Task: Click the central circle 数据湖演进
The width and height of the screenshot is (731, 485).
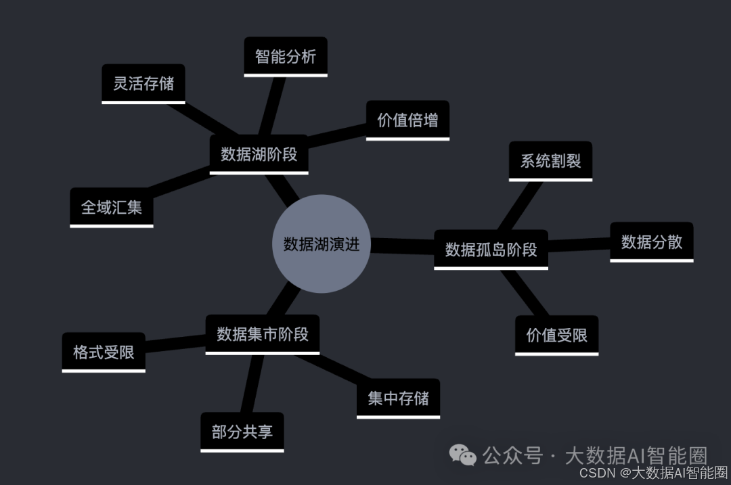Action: click(322, 244)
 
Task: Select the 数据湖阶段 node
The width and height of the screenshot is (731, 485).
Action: click(259, 154)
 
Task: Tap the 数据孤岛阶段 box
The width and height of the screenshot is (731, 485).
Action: click(491, 249)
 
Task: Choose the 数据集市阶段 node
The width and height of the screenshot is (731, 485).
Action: click(262, 333)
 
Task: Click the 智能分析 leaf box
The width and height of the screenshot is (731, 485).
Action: click(285, 56)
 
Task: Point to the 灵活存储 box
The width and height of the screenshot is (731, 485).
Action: click(143, 83)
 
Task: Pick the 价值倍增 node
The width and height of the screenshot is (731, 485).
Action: click(407, 120)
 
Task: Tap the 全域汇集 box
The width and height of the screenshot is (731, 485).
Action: click(112, 207)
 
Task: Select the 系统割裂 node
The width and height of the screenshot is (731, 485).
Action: click(550, 161)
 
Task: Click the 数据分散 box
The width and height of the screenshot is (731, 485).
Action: click(652, 241)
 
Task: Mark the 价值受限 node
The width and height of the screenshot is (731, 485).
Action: click(556, 335)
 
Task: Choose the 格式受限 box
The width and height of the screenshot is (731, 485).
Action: click(104, 352)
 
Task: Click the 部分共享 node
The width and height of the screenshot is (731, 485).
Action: click(242, 432)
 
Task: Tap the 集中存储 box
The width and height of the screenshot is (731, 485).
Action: click(398, 398)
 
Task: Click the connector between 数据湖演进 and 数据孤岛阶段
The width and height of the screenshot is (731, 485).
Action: click(402, 246)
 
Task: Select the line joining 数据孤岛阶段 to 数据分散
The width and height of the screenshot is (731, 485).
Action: click(579, 245)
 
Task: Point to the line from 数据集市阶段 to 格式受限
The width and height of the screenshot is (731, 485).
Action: click(175, 343)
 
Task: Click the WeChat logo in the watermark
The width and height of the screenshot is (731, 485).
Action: click(464, 455)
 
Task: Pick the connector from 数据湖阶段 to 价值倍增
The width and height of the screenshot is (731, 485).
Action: click(336, 135)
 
